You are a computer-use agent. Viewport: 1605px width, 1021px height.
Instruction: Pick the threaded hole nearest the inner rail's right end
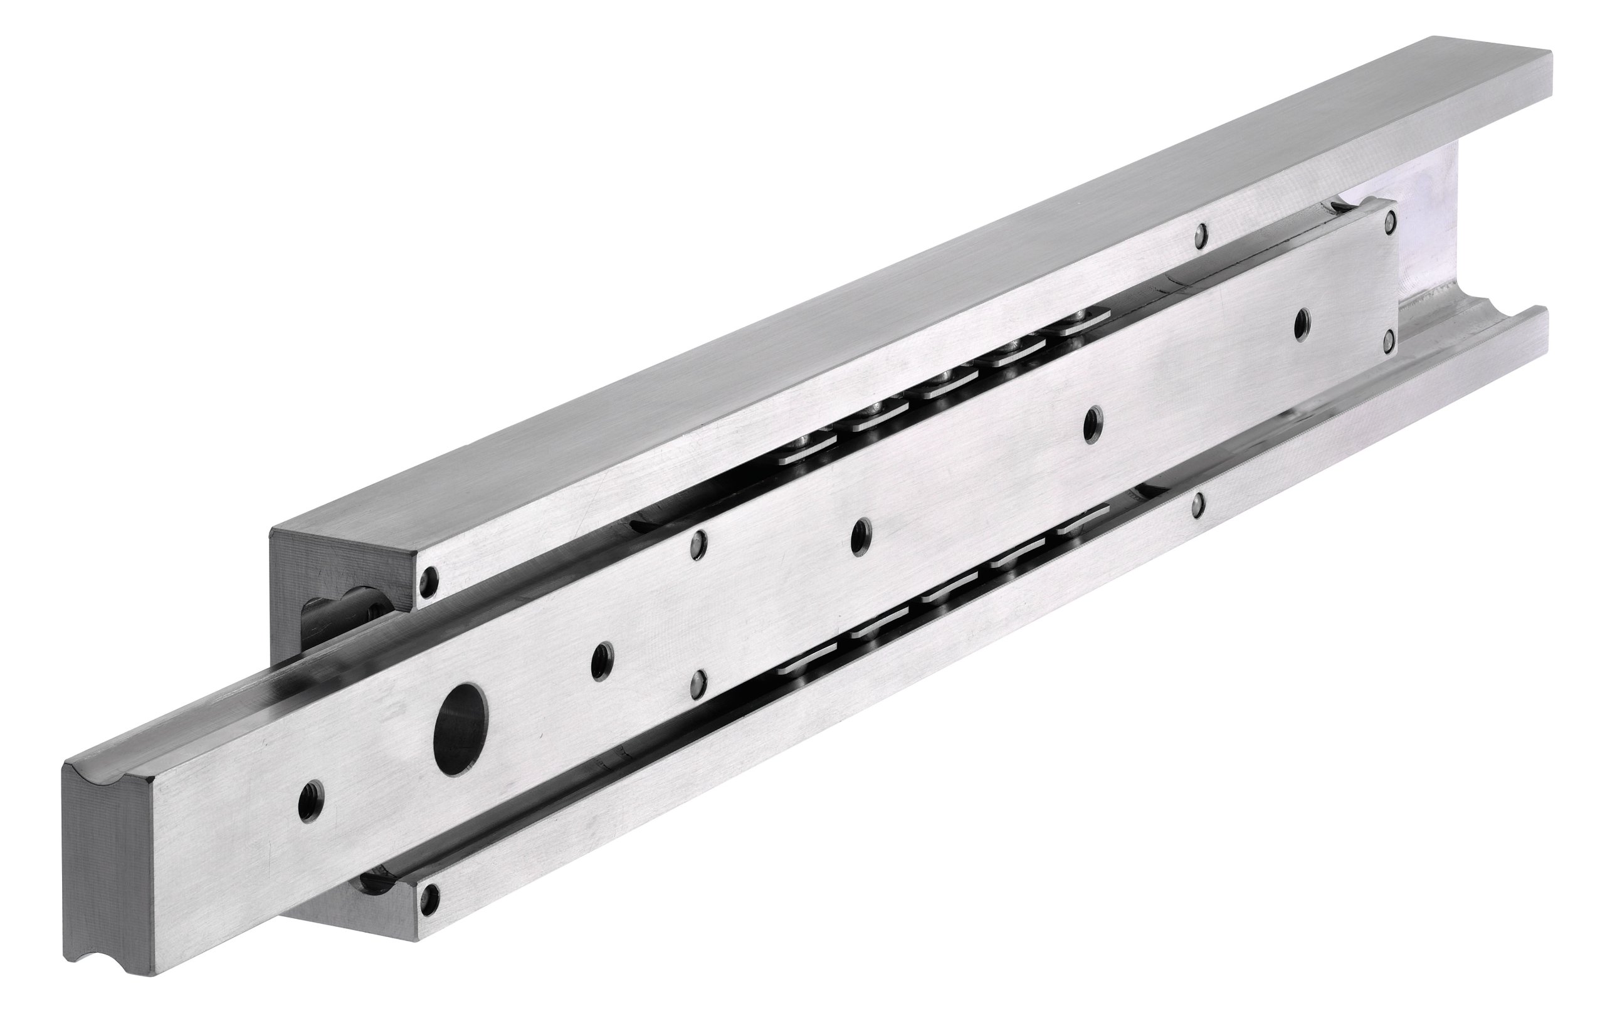pyautogui.click(x=1300, y=325)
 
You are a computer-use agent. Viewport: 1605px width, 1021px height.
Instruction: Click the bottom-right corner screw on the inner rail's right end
pyautogui.click(x=1388, y=342)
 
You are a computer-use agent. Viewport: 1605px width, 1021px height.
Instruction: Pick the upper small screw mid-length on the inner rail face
pyautogui.click(x=698, y=538)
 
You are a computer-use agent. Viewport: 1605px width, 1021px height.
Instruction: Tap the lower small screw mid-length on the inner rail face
pyautogui.click(x=698, y=681)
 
